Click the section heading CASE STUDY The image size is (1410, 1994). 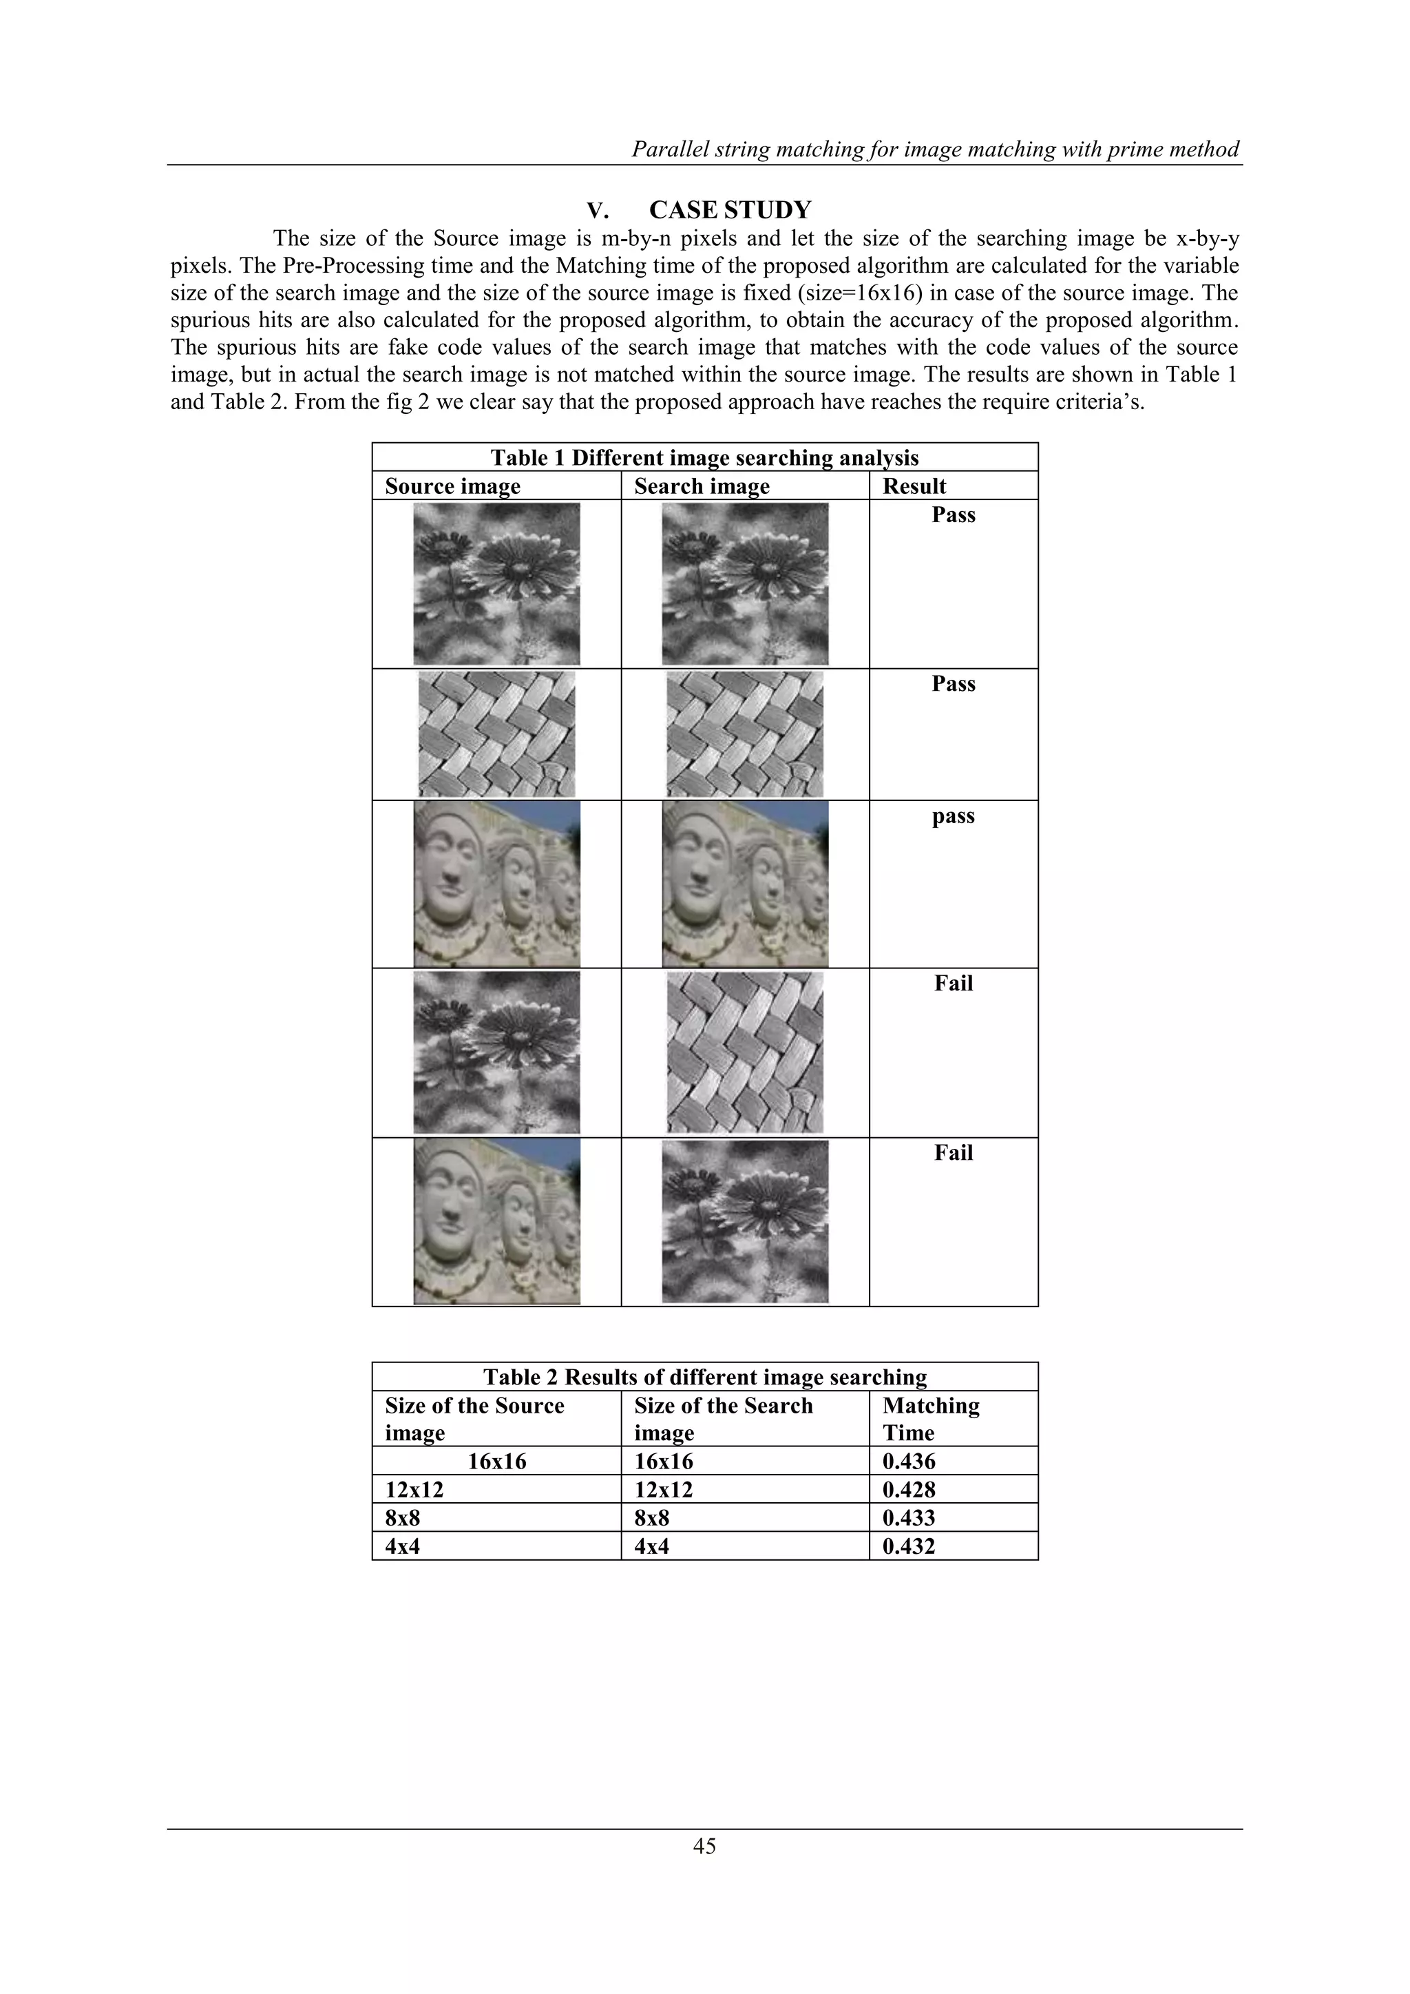point(729,210)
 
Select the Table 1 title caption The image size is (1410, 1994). point(704,457)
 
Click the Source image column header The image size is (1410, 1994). point(452,486)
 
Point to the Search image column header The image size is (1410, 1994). point(702,486)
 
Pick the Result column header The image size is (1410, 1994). point(914,486)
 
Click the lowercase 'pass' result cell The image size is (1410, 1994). point(954,816)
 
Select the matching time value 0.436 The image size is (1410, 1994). point(909,1462)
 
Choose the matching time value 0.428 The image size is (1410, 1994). point(909,1491)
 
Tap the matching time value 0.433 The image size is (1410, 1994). point(909,1518)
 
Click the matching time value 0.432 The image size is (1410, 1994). point(909,1547)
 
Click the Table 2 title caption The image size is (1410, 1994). point(704,1378)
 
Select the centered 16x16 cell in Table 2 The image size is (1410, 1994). point(496,1462)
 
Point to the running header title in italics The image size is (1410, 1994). point(935,149)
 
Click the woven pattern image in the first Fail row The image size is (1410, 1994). point(745,1052)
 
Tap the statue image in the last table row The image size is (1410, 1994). point(496,1222)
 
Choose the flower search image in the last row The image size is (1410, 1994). point(745,1222)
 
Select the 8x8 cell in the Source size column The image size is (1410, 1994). point(403,1518)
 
